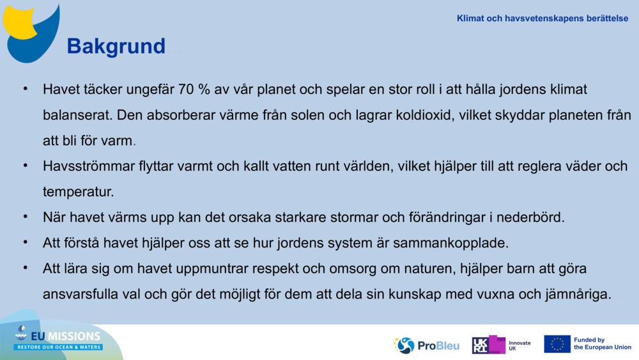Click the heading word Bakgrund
pos(116,46)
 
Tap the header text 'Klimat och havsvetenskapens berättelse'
pos(542,18)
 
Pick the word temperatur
pos(78,191)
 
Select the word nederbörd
pos(531,217)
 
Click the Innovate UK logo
pos(502,345)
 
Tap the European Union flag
pos(557,344)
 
